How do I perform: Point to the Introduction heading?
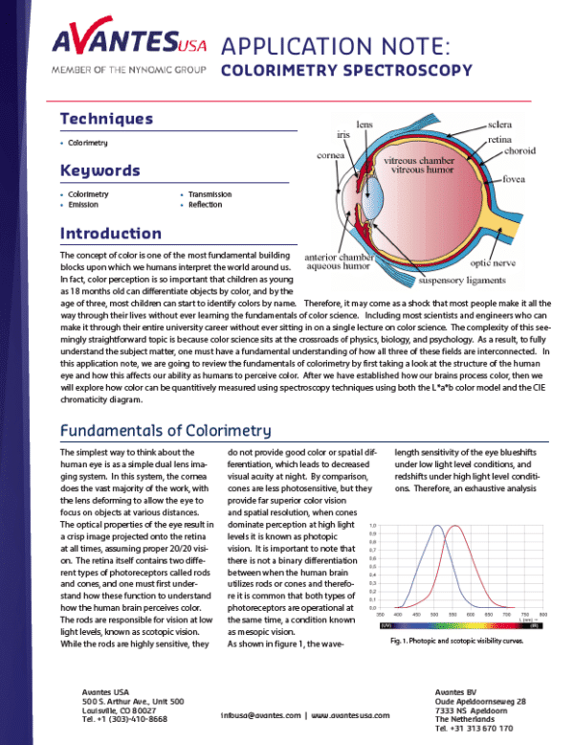[110, 234]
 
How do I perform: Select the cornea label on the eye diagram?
[331, 155]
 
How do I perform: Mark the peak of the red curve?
[456, 526]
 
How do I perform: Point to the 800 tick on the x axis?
[543, 614]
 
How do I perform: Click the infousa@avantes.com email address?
[260, 715]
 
